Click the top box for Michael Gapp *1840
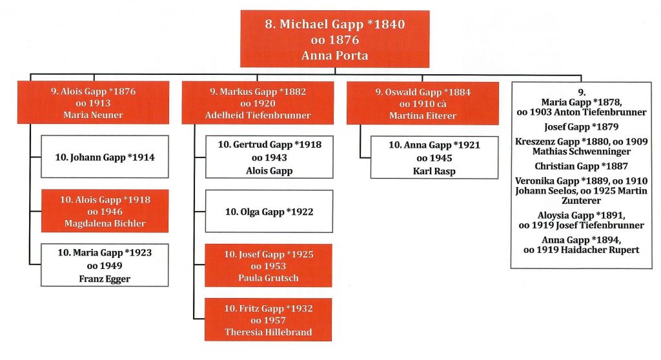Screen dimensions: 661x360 pyautogui.click(x=335, y=39)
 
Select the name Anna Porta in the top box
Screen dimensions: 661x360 pyautogui.click(x=335, y=55)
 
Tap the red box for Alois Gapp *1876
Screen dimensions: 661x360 pyautogui.click(x=93, y=103)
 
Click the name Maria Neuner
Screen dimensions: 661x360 pyautogui.click(x=93, y=115)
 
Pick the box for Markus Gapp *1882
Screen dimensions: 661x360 pyautogui.click(x=258, y=103)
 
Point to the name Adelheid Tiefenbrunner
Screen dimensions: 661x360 pyautogui.click(x=258, y=115)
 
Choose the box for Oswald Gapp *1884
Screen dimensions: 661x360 pyautogui.click(x=423, y=103)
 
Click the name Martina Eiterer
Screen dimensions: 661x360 pyautogui.click(x=423, y=115)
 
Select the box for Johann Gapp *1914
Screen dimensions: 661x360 pyautogui.click(x=105, y=157)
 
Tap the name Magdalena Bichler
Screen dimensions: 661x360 pyautogui.click(x=105, y=223)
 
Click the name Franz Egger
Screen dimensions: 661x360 pyautogui.click(x=105, y=279)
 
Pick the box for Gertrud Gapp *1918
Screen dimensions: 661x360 pyautogui.click(x=269, y=157)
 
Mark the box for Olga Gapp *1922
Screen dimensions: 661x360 pyautogui.click(x=269, y=211)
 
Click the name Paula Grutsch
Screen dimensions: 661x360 pyautogui.click(x=269, y=278)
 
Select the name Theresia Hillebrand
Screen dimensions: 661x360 pyautogui.click(x=269, y=332)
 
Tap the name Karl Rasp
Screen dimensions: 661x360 pyautogui.click(x=434, y=171)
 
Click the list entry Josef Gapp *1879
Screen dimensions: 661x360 pyautogui.click(x=582, y=127)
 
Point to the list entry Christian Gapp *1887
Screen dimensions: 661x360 pyautogui.click(x=582, y=166)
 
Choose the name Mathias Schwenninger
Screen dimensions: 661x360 pyautogui.click(x=582, y=152)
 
